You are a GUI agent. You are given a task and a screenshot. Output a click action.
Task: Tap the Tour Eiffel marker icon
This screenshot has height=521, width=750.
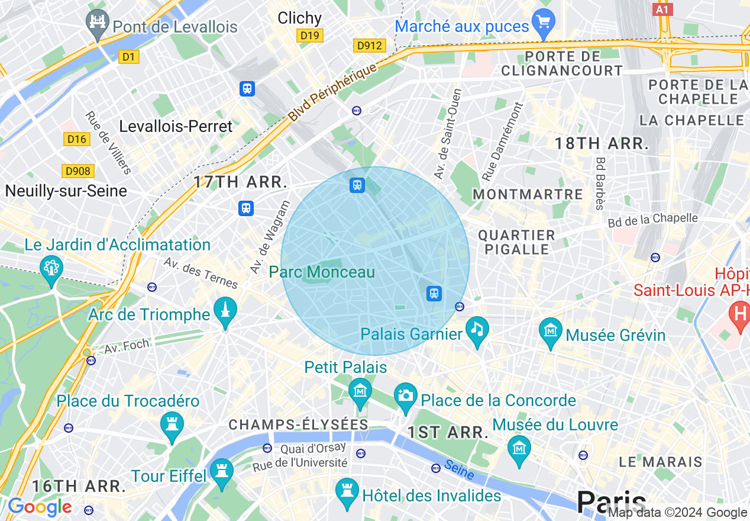click(x=222, y=472)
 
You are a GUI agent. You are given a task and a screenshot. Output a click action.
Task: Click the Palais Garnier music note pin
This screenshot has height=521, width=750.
click(x=477, y=329)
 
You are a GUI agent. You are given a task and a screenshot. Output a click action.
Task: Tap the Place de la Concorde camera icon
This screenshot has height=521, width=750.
click(x=406, y=395)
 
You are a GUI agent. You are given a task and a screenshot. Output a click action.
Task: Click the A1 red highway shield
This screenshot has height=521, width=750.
click(x=662, y=9)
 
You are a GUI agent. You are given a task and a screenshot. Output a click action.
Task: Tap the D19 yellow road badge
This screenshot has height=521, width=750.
click(x=309, y=36)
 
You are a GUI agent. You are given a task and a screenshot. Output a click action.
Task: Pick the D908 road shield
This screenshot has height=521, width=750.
click(x=78, y=171)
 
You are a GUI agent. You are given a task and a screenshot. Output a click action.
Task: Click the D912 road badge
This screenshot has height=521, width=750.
click(x=370, y=46)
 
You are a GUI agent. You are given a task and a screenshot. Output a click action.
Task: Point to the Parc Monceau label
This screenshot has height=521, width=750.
click(x=322, y=272)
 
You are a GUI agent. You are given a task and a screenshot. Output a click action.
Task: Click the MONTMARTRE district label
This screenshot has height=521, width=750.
click(x=528, y=194)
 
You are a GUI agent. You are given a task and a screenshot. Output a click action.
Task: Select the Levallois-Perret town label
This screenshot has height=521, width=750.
click(x=176, y=126)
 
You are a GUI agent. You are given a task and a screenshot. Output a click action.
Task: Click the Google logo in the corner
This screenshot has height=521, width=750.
click(x=39, y=507)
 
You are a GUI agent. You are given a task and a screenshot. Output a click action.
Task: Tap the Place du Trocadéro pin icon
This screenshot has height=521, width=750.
click(x=172, y=425)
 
